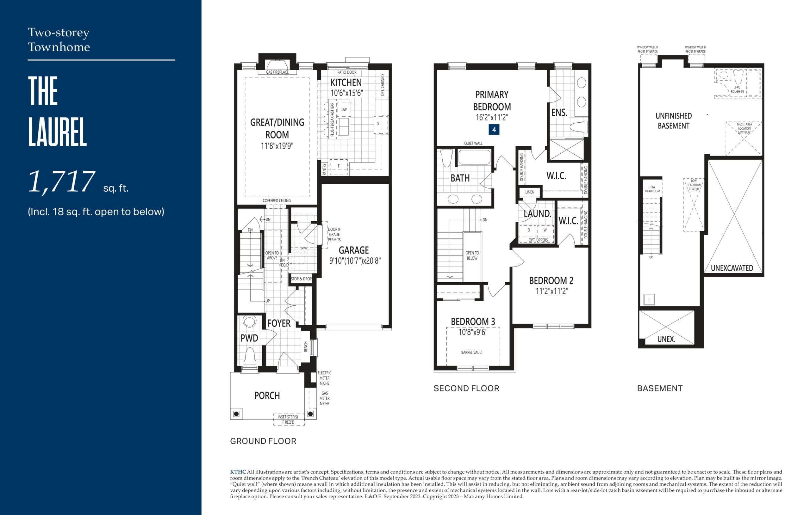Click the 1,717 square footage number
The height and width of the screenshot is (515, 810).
62,182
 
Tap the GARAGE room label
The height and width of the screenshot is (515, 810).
353,250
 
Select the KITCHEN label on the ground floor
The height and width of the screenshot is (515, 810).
346,83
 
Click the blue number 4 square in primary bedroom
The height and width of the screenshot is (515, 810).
494,130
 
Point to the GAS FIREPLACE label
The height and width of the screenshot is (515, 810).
277,72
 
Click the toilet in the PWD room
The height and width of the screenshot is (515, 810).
250,357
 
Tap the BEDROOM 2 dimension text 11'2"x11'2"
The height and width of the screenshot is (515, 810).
551,291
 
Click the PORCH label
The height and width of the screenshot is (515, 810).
267,396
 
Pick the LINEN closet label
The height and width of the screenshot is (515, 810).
529,192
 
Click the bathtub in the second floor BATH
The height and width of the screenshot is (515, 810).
474,157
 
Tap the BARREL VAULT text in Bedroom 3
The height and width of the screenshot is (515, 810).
471,352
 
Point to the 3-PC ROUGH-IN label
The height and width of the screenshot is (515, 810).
737,89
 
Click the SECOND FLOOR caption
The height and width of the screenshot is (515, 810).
466,389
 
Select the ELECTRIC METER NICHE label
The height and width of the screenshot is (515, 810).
324,378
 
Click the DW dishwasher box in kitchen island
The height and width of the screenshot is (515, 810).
344,110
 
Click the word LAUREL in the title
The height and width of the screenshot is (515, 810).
58,132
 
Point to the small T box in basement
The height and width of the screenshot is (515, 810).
649,300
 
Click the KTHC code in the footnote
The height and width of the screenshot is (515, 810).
238,472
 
